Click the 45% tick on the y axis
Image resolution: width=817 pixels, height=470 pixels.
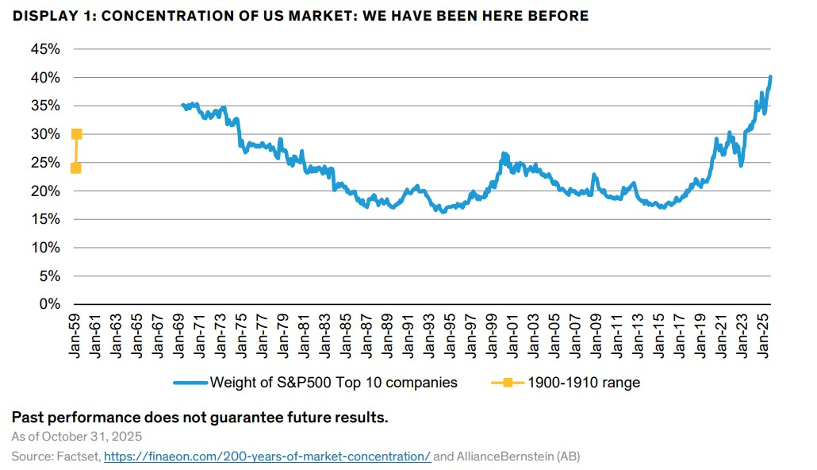(44, 49)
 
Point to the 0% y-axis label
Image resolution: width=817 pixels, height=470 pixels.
(48, 304)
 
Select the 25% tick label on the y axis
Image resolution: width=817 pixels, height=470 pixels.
(44, 163)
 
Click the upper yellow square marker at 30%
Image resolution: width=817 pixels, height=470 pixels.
(76, 134)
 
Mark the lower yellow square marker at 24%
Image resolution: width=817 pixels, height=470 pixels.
(75, 168)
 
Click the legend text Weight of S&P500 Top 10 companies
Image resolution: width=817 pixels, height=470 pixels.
(333, 383)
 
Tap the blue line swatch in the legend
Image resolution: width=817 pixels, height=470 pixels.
(190, 383)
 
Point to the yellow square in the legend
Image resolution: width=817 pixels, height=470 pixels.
(507, 383)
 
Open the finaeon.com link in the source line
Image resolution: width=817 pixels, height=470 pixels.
(267, 457)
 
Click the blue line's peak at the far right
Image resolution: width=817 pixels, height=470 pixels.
(771, 77)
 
